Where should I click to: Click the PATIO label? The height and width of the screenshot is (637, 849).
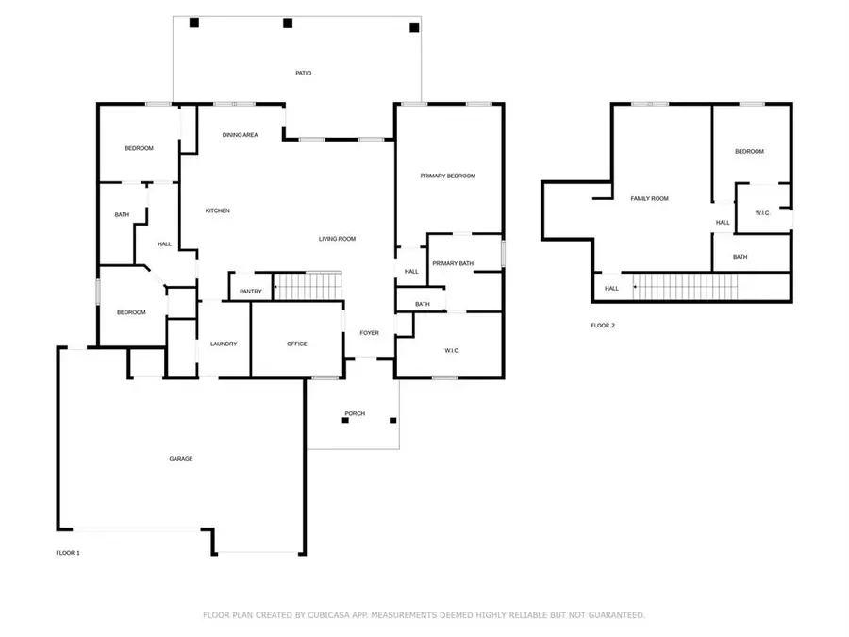[x=303, y=73]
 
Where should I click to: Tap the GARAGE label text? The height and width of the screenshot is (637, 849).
[x=181, y=459]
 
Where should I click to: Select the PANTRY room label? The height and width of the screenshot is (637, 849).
[x=251, y=292]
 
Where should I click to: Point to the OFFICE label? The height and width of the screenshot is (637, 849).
[x=297, y=344]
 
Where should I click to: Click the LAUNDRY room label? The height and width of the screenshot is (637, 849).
[x=224, y=344]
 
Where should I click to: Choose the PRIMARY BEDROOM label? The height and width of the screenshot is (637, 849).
[x=448, y=176]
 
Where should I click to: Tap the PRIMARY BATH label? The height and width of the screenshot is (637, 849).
[x=453, y=264]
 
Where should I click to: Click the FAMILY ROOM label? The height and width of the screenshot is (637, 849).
[x=649, y=199]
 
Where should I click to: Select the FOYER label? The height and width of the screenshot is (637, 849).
[x=369, y=333]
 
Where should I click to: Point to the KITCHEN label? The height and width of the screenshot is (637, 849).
[x=218, y=210]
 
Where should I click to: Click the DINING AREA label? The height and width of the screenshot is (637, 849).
[x=240, y=135]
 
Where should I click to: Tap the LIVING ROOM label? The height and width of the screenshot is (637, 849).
[x=337, y=239]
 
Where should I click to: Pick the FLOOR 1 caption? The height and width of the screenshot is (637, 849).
[x=68, y=553]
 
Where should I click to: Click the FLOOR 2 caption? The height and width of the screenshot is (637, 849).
[x=603, y=326]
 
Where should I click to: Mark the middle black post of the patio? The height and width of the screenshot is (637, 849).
[x=288, y=24]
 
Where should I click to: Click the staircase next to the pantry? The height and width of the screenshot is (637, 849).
[x=308, y=285]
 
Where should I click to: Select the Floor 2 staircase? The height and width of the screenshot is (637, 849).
[x=686, y=287]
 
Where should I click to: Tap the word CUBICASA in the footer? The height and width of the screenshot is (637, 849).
[x=328, y=615]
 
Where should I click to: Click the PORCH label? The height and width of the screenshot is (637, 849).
[x=355, y=414]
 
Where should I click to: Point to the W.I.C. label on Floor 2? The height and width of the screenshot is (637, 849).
[x=762, y=213]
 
